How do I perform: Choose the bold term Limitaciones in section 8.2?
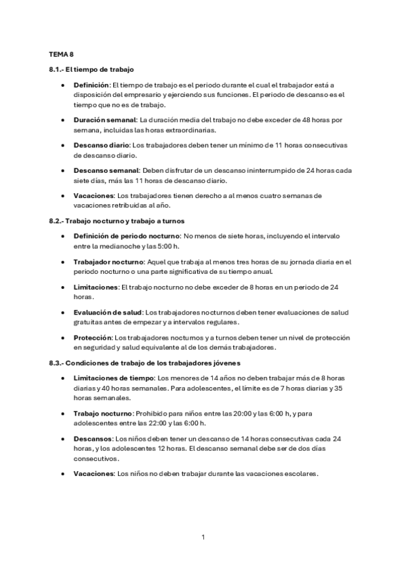(x=96, y=287)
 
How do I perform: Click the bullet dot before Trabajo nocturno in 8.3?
(x=63, y=413)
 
